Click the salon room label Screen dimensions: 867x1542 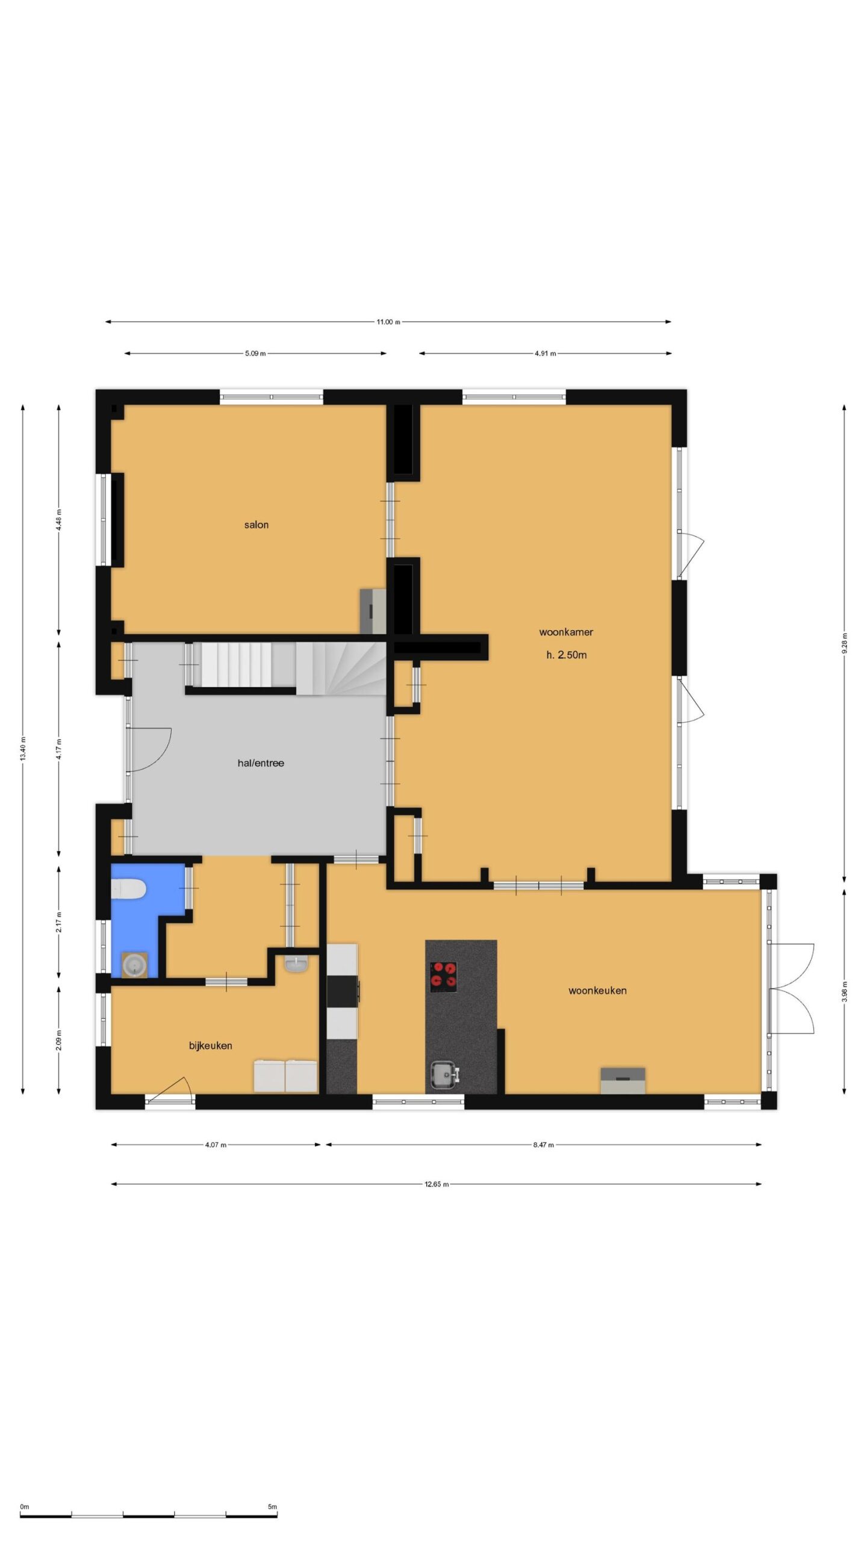[x=256, y=525]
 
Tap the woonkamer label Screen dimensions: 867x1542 [x=566, y=632]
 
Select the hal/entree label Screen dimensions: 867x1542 [x=261, y=763]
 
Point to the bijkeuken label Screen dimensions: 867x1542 [x=211, y=1046]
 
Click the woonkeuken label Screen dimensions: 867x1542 [x=597, y=990]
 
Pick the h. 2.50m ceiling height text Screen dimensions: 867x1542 [x=566, y=655]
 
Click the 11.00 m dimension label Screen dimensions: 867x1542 [x=388, y=322]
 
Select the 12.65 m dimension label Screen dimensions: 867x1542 [x=437, y=1184]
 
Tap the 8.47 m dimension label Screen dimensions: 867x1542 [x=543, y=1145]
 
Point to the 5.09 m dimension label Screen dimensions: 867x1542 [x=255, y=354]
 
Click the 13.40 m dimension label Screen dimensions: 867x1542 [x=23, y=748]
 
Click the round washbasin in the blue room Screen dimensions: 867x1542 [x=135, y=966]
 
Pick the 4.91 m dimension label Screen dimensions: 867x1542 [x=545, y=354]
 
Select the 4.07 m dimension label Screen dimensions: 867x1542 [x=216, y=1145]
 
